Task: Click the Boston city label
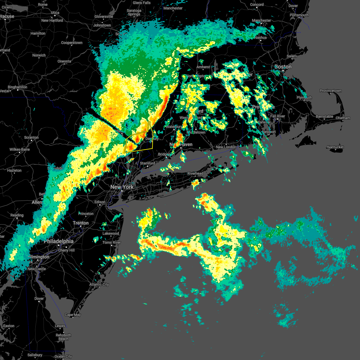point(283,67)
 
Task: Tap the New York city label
point(122,187)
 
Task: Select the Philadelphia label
point(58,241)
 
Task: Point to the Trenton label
point(81,223)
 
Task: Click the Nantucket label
point(335,147)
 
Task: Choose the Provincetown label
point(331,91)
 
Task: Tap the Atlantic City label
point(99,284)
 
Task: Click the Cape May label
point(73,315)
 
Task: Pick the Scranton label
point(31,137)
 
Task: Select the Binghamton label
point(17,87)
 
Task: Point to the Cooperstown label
point(72,43)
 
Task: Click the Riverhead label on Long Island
point(195,173)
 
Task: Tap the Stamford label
point(148,163)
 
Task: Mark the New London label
point(226,147)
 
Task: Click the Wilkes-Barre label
point(19,149)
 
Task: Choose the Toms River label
point(112,242)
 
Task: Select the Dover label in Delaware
point(39,298)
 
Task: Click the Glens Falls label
point(142,3)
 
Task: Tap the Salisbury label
point(35,355)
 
